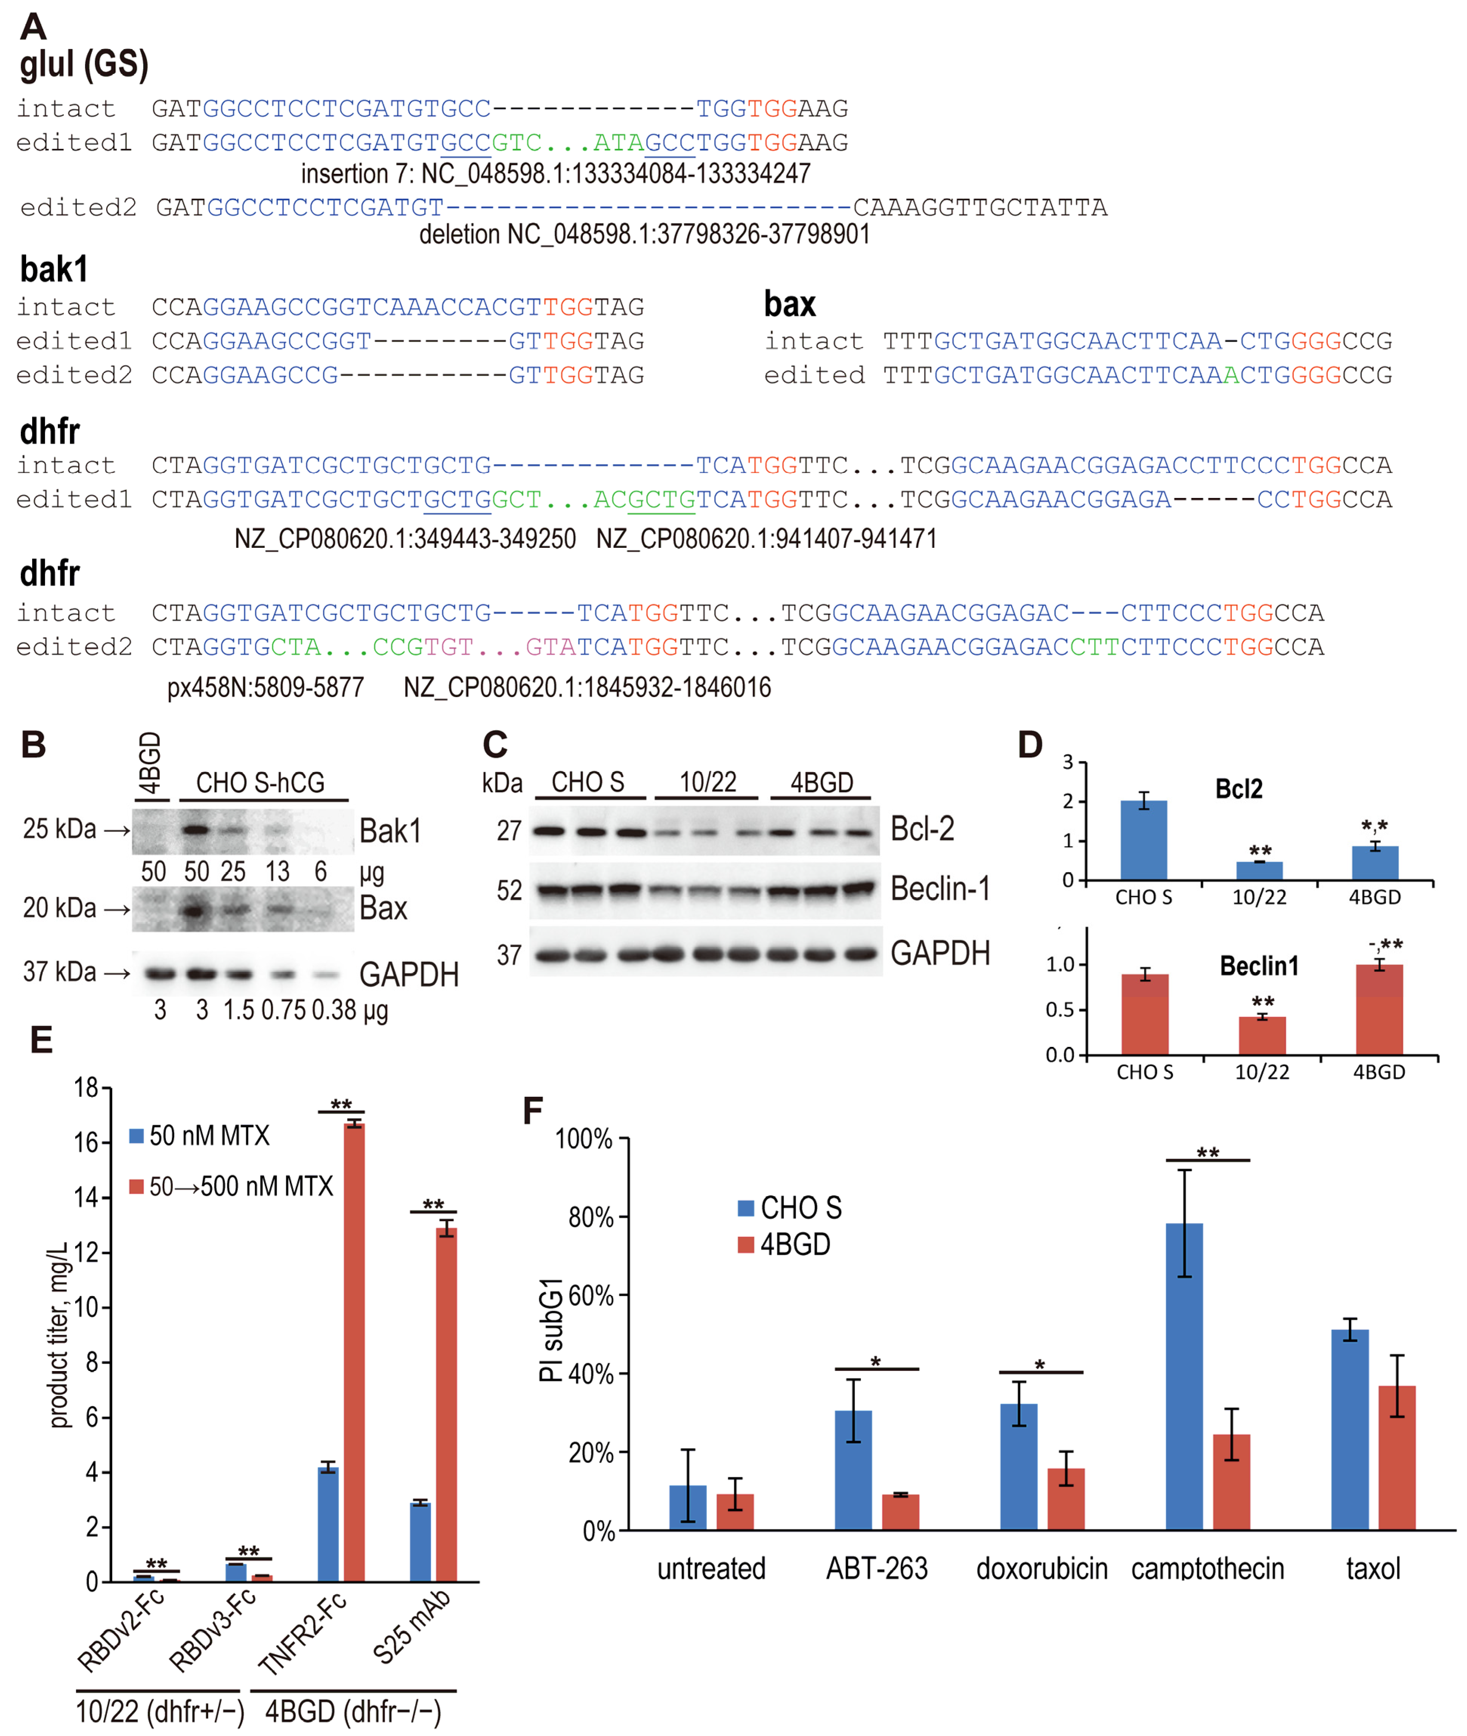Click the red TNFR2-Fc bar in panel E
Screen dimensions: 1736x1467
pos(354,1352)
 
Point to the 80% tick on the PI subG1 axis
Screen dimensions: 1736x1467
pos(590,1218)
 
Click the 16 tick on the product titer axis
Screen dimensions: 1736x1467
pos(86,1143)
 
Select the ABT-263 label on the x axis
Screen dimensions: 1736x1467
pos(877,1569)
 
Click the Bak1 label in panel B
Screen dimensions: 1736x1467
pos(390,831)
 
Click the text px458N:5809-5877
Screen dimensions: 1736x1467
pos(265,688)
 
